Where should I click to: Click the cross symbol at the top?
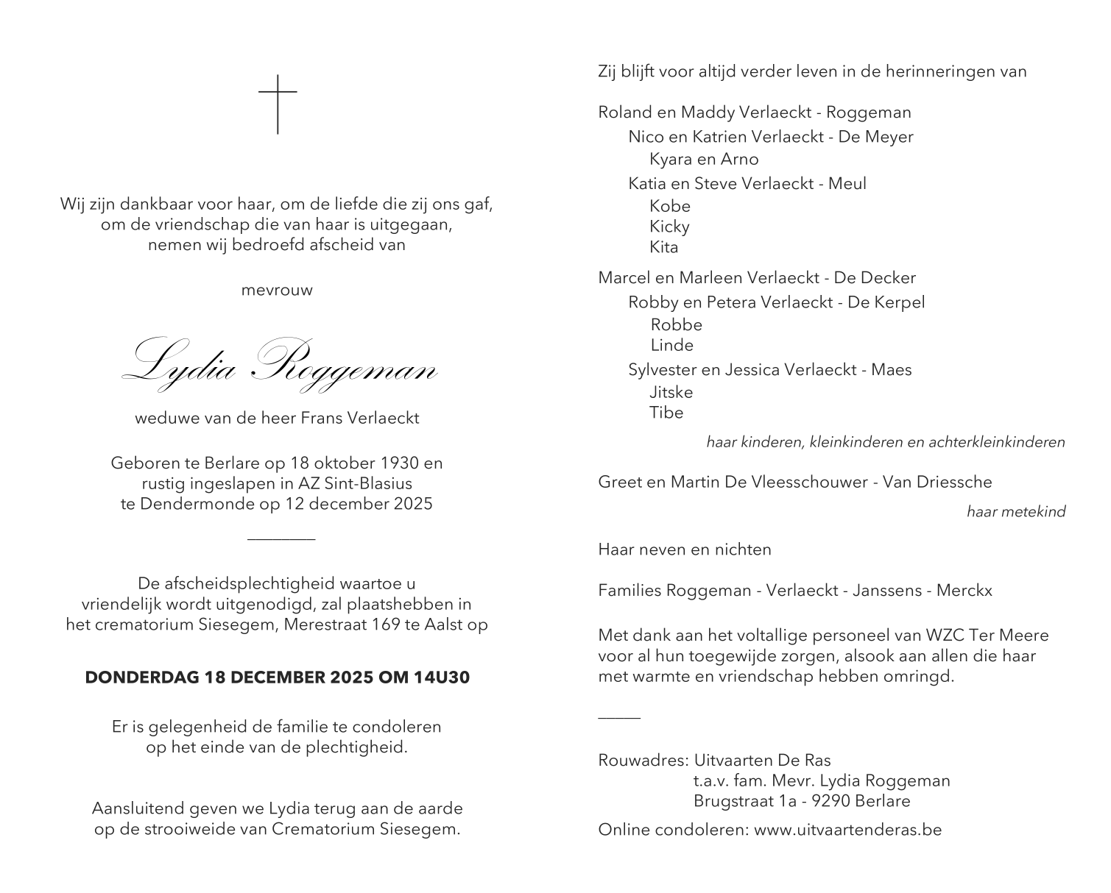(x=278, y=104)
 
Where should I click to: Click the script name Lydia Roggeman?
(x=279, y=360)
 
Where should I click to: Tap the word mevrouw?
(x=277, y=290)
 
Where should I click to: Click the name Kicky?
(x=669, y=227)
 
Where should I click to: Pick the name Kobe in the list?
(x=669, y=206)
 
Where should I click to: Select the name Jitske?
(x=671, y=392)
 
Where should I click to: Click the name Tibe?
(x=666, y=413)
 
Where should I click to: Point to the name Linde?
(x=671, y=345)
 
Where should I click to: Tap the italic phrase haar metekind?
(x=1015, y=512)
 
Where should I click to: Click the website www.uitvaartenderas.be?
(x=847, y=830)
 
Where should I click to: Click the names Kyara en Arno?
(x=703, y=159)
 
